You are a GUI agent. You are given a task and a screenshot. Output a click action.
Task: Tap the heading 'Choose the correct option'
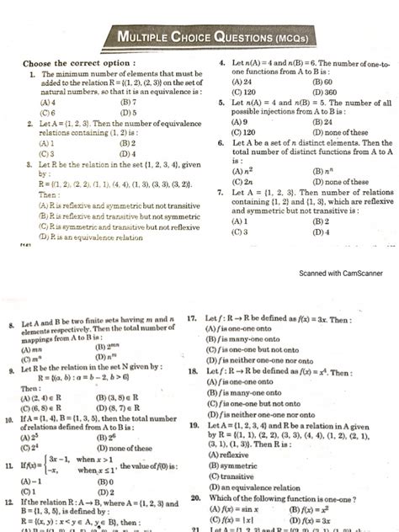78,64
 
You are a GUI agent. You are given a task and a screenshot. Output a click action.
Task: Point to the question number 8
10,324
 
